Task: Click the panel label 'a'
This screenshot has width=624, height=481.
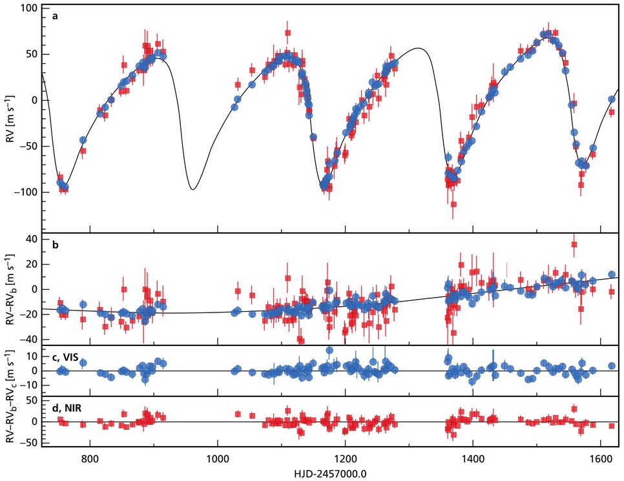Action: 56,15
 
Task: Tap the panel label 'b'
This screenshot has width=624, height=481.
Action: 56,245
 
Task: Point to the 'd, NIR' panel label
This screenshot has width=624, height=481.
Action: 67,406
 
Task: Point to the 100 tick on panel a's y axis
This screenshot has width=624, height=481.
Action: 29,8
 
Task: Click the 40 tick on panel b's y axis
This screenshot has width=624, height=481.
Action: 31,239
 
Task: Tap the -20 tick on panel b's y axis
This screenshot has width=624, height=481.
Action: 28,314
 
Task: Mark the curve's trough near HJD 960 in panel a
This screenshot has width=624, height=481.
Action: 192,189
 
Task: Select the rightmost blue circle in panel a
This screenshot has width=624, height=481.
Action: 611,99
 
